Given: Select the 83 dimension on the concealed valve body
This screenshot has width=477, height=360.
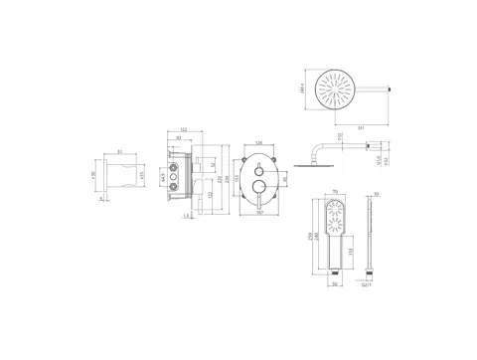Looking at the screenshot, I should pyautogui.click(x=179, y=138).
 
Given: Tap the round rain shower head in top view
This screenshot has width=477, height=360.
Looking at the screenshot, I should pyautogui.click(x=336, y=89).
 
